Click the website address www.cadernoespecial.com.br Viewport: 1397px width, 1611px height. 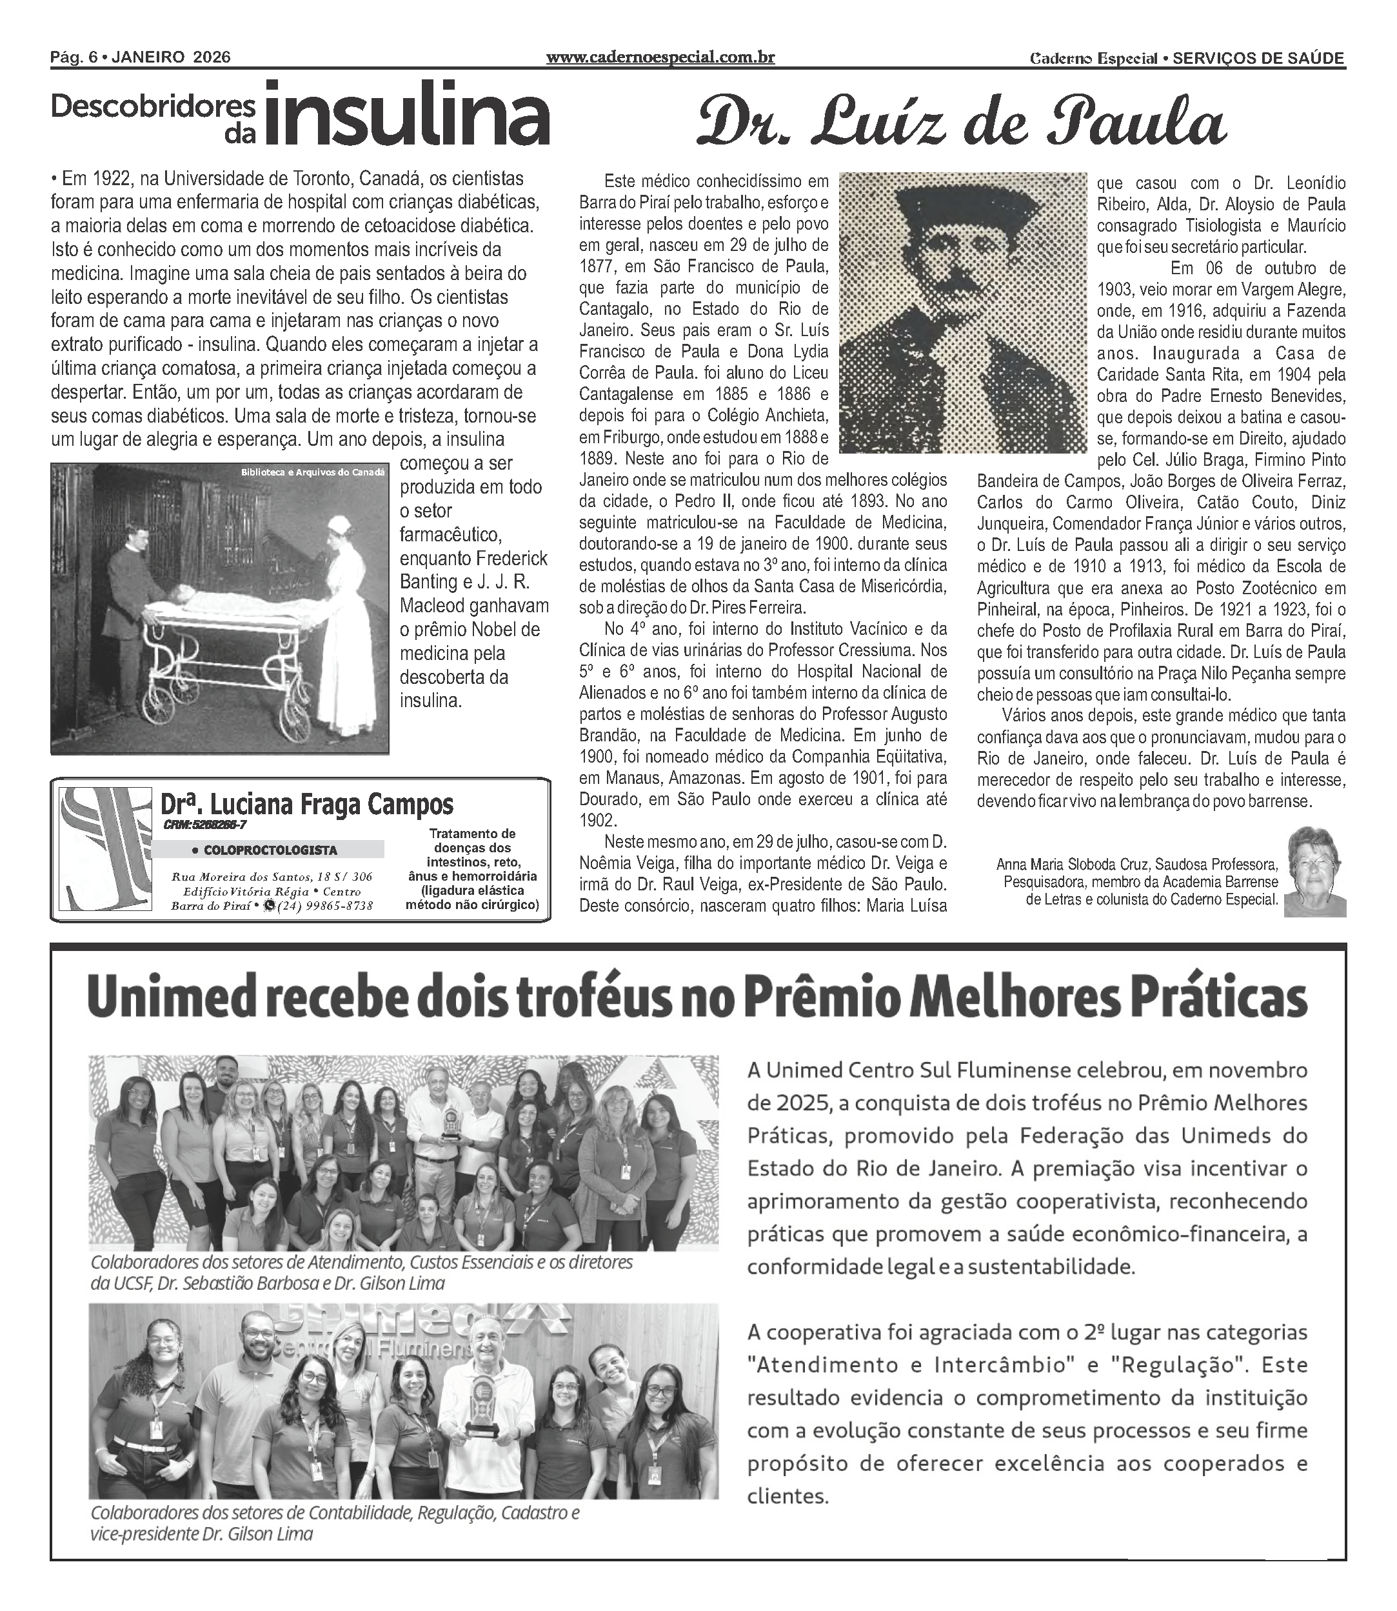pyautogui.click(x=660, y=57)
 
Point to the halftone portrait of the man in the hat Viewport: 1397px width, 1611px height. pyautogui.click(x=963, y=312)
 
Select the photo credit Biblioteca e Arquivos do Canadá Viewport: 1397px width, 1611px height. pyautogui.click(x=313, y=472)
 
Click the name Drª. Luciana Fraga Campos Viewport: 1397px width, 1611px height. pyautogui.click(x=307, y=804)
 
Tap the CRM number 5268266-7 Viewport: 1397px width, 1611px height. pyautogui.click(x=206, y=825)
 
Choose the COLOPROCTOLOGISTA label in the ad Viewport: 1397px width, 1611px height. pyautogui.click(x=264, y=850)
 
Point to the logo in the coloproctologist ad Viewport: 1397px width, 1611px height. pyautogui.click(x=106, y=848)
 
